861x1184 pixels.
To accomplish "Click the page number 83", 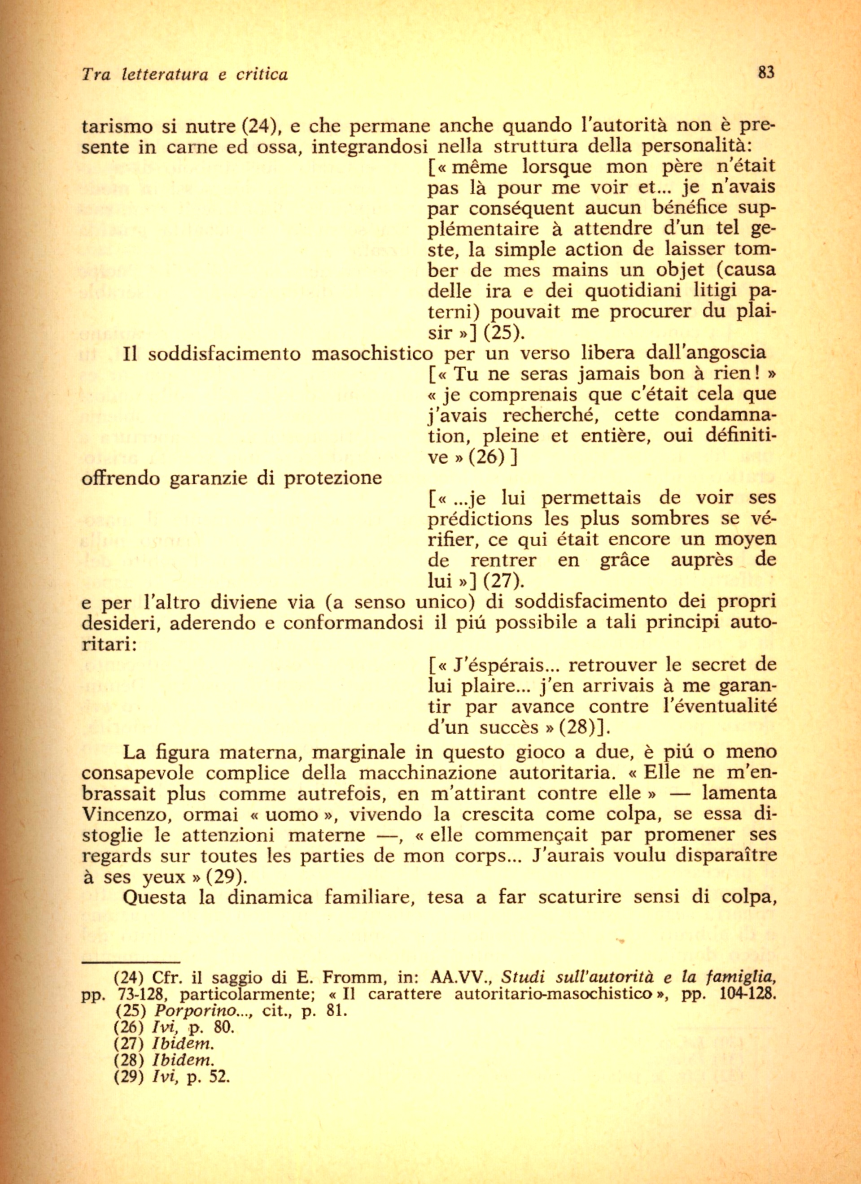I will tap(766, 72).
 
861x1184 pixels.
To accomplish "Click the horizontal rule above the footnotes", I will tap(131, 962).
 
